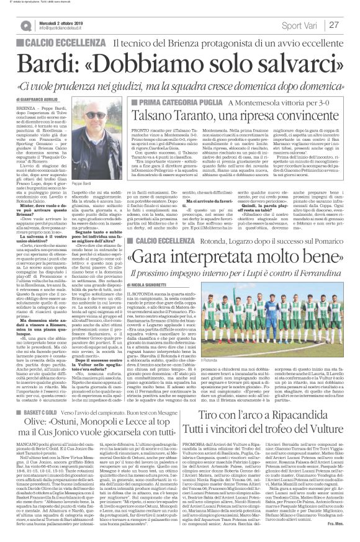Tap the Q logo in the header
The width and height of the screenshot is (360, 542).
(24, 25)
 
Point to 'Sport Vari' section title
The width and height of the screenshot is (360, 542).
(299, 25)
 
